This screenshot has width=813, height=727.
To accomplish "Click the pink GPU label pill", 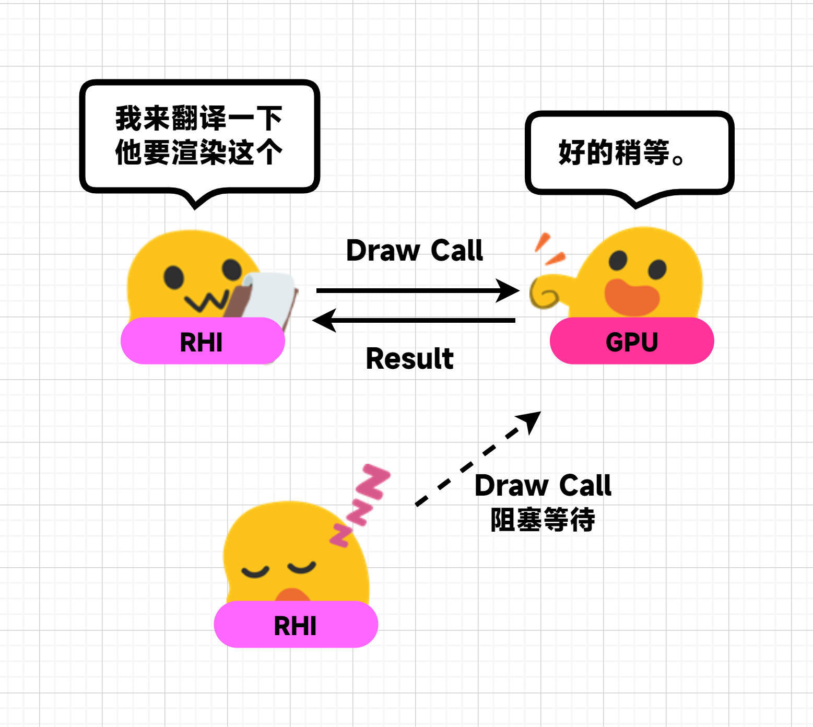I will click(x=632, y=342).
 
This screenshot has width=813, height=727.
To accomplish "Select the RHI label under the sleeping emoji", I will click(x=296, y=625).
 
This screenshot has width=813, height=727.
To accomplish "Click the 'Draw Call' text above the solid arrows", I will click(x=415, y=251).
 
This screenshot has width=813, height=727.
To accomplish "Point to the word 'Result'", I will click(x=410, y=359).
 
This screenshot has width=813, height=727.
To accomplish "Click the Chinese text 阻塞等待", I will click(x=543, y=520).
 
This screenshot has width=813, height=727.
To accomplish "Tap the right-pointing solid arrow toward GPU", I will click(x=418, y=290).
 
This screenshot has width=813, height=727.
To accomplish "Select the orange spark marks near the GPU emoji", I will click(x=548, y=250).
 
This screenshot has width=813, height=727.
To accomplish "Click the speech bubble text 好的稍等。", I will click(x=621, y=153).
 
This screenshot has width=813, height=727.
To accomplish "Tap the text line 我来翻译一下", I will click(x=199, y=118).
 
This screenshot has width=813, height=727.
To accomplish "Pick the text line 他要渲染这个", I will click(x=199, y=153).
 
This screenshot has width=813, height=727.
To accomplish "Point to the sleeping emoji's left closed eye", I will click(x=255, y=571).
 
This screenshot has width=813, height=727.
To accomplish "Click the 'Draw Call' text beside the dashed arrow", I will click(x=543, y=486).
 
